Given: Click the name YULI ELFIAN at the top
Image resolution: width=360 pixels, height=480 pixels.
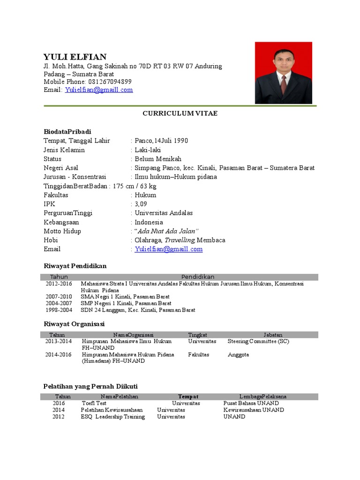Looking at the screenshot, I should (x=75, y=57).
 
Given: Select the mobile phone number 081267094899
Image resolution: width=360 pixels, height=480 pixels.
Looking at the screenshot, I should (x=113, y=82).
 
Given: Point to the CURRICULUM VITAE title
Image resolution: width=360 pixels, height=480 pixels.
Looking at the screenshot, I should (x=180, y=114).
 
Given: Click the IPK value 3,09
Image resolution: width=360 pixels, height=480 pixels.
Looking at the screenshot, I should (x=141, y=204).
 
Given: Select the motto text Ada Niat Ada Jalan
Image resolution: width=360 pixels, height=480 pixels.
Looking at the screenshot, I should (x=167, y=231).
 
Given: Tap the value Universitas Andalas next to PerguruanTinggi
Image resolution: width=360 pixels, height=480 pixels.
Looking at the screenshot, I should (x=164, y=213).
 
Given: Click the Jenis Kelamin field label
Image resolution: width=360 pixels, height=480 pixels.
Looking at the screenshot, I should (x=64, y=150).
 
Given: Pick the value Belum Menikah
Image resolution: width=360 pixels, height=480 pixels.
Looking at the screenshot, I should (x=158, y=159).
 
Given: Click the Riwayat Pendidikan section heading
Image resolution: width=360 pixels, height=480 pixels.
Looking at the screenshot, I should (x=75, y=266).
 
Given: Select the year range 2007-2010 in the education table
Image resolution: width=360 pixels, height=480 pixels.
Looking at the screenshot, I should (x=59, y=297).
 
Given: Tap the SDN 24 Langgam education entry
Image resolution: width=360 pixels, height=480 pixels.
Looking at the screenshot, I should (x=138, y=310).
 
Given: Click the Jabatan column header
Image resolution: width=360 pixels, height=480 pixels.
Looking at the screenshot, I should (x=272, y=335).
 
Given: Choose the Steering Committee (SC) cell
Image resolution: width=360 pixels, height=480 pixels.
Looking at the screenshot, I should (x=258, y=341).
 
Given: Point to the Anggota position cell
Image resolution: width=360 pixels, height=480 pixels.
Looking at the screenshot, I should (x=238, y=355).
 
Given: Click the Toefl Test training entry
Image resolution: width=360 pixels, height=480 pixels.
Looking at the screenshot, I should (x=94, y=403).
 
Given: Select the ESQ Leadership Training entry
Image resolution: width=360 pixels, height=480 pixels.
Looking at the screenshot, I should (x=112, y=417).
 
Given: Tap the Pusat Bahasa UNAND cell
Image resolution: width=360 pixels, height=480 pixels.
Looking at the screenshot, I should (x=251, y=403).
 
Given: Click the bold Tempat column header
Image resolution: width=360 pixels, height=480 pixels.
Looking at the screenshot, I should (x=188, y=396).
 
